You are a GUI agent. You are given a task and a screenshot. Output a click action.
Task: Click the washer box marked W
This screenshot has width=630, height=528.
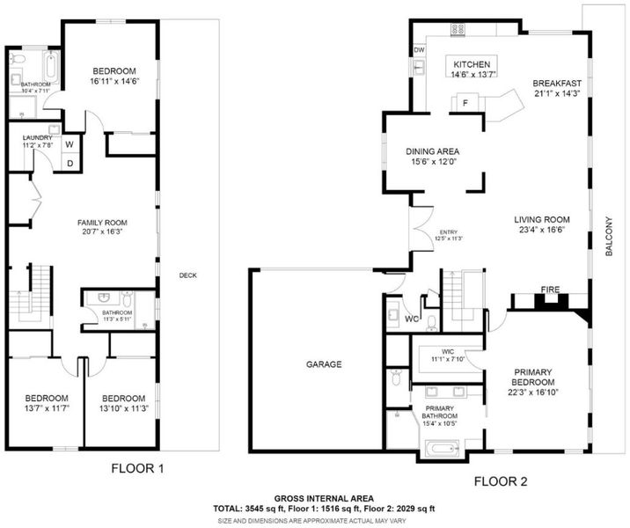point(70,143)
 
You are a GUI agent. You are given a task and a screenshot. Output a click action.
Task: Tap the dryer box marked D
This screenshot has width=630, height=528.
point(70,163)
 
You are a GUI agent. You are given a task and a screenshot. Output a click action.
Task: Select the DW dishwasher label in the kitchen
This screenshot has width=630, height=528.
point(419,50)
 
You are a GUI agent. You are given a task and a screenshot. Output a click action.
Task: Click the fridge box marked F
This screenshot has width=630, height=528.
point(465,103)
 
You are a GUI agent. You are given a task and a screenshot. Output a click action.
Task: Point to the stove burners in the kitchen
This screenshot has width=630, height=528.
point(458,28)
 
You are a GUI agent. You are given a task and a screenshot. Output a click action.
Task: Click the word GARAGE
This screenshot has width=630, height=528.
point(324,364)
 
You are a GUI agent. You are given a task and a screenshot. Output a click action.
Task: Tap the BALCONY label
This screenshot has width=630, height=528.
point(609,236)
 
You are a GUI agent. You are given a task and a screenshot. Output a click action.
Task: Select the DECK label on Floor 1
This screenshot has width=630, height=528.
point(188,275)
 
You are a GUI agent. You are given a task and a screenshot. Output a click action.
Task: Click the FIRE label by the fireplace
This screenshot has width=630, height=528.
point(550,290)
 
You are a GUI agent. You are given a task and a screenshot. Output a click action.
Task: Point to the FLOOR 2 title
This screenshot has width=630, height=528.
point(501,481)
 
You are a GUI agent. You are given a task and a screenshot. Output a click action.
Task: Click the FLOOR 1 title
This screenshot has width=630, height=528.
point(137,468)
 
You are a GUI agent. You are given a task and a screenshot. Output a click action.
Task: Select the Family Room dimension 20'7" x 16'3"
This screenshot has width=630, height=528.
point(102,231)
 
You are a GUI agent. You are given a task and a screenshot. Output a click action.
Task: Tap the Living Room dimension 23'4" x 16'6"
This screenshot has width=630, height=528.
point(542,230)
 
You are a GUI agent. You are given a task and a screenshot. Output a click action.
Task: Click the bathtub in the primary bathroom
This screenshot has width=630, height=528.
point(442,449)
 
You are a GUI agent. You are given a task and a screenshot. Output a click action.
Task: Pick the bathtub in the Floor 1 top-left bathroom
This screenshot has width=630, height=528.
point(52,66)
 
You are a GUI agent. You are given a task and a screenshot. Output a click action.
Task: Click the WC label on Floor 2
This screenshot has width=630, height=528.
point(412,319)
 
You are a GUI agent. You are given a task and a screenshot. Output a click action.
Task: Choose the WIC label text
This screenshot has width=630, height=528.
point(448,352)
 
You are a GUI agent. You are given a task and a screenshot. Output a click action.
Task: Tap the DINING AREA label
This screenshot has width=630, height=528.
point(432,151)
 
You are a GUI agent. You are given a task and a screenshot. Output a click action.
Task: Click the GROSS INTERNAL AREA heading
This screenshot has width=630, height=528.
point(324,499)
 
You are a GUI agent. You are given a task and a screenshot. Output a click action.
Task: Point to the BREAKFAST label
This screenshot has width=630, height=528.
point(557,84)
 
